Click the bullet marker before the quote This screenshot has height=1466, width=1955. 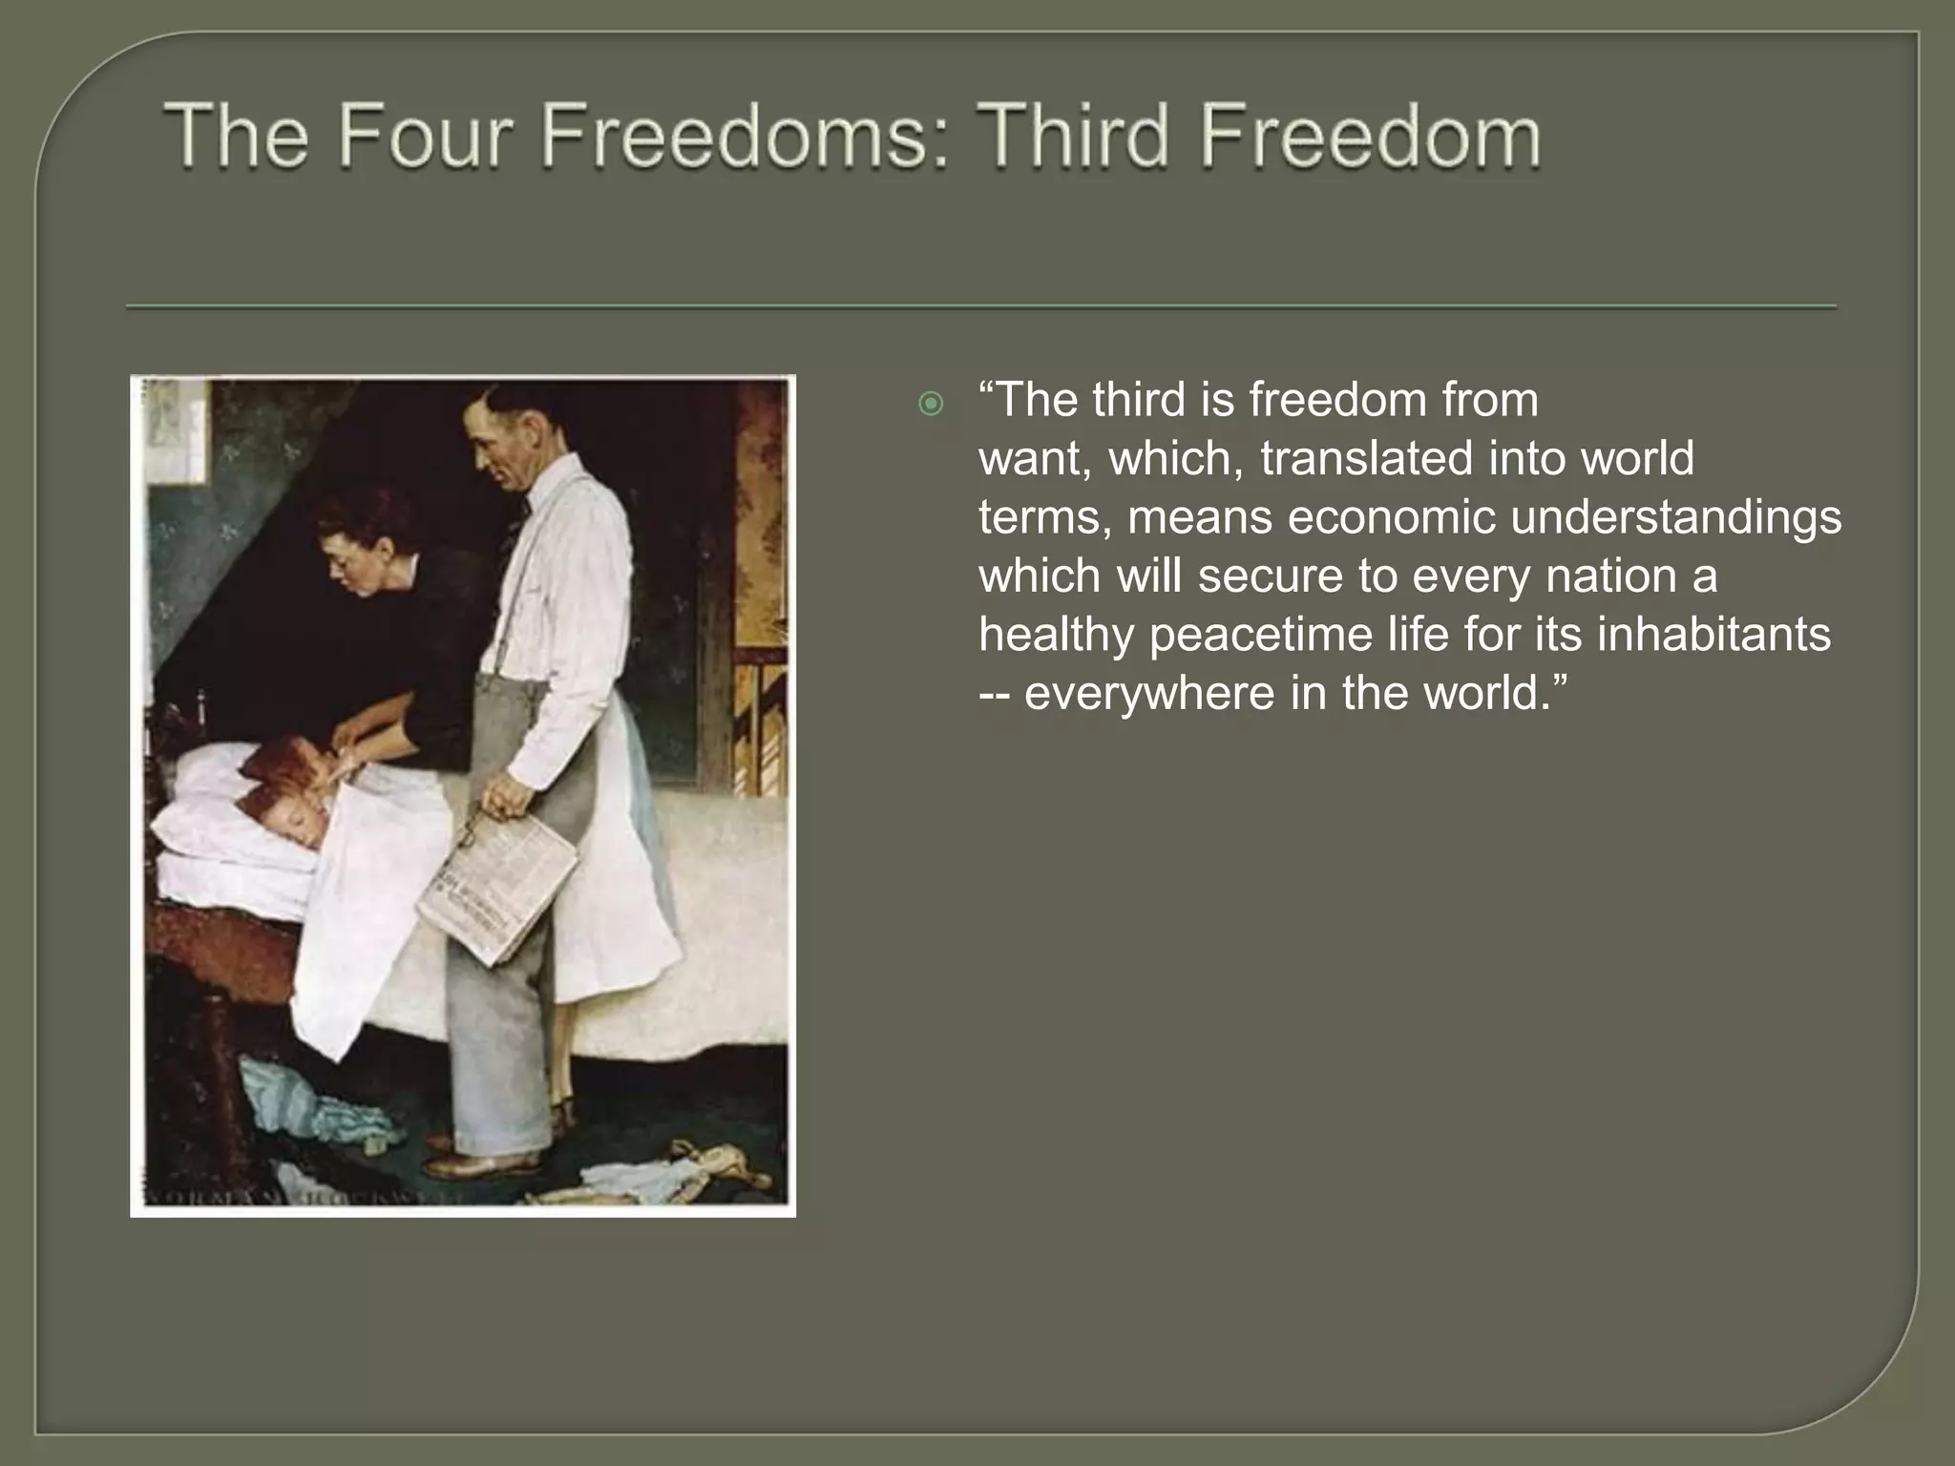930,405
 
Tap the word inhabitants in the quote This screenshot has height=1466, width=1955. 1713,634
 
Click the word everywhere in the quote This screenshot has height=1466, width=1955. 1149,693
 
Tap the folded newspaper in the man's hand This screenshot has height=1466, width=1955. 501,883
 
